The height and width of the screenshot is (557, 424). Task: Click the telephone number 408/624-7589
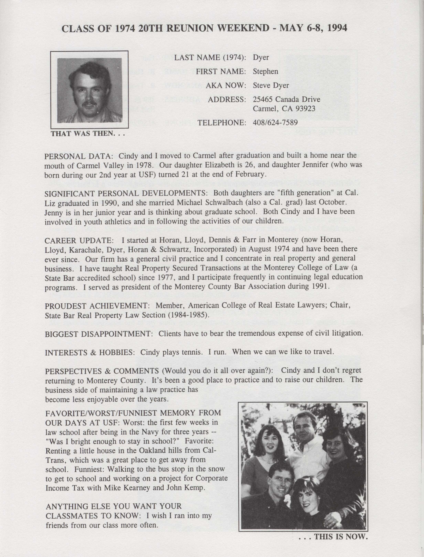tap(275, 123)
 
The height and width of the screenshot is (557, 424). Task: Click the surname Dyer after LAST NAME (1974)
tap(261, 58)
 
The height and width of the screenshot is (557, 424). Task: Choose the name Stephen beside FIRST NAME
tap(266, 71)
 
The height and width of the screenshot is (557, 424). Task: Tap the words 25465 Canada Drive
tap(286, 99)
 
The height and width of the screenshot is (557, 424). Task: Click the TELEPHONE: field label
tap(222, 123)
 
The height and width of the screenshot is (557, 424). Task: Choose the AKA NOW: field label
tap(226, 86)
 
